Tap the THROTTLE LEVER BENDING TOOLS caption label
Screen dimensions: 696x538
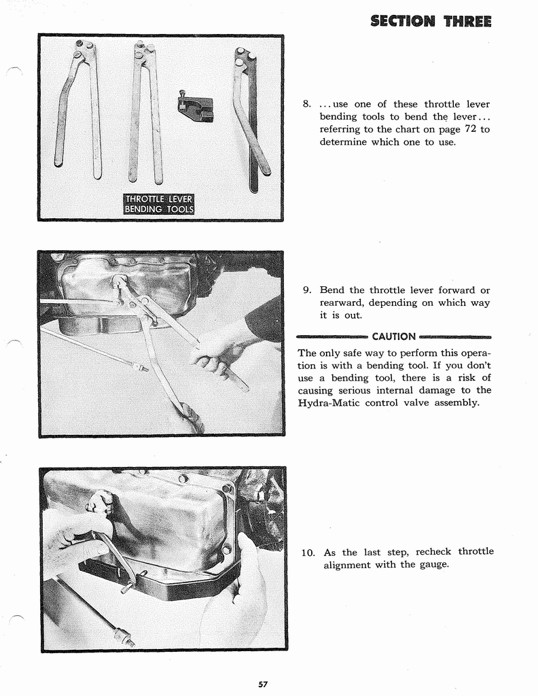pyautogui.click(x=158, y=204)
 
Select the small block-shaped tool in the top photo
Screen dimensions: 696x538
pyautogui.click(x=196, y=107)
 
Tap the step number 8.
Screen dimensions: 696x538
pyautogui.click(x=306, y=104)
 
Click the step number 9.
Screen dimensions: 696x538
pyautogui.click(x=306, y=290)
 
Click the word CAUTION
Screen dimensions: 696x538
pyautogui.click(x=394, y=336)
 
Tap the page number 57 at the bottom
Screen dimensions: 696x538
pyautogui.click(x=262, y=684)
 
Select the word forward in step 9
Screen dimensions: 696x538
pyautogui.click(x=437, y=290)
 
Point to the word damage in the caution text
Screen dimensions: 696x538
pyautogui.click(x=423, y=390)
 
